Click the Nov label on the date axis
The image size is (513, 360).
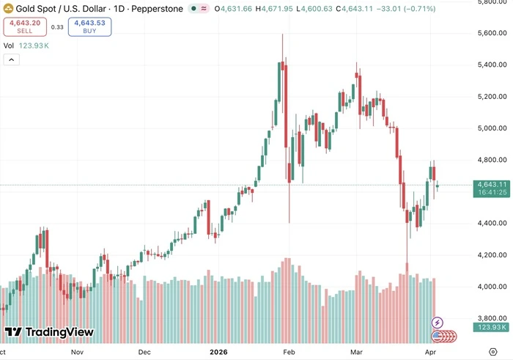point(78,351)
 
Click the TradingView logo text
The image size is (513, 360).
point(50,332)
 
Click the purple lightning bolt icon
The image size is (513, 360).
point(438,322)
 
